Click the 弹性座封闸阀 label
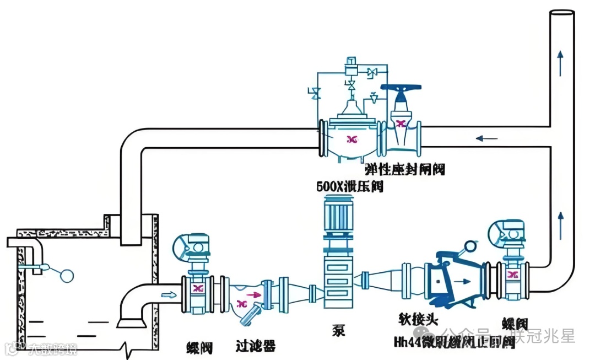tap(404, 169)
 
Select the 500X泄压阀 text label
tap(350, 186)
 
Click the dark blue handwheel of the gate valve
tap(405, 88)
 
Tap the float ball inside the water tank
tap(67, 275)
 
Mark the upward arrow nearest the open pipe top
tap(561, 61)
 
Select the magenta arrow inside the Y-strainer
tap(256, 295)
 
